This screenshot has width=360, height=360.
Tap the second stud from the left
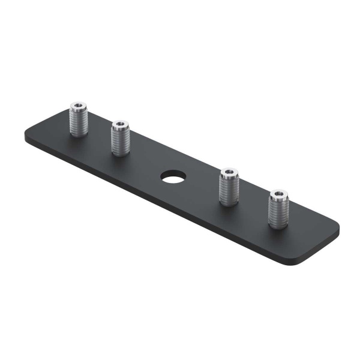(x=121, y=140)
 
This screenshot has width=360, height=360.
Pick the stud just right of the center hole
(x=229, y=188)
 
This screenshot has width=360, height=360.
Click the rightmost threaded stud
(x=278, y=209)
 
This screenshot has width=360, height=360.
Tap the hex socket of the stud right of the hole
(x=229, y=173)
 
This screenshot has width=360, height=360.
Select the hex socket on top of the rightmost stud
(x=278, y=194)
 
